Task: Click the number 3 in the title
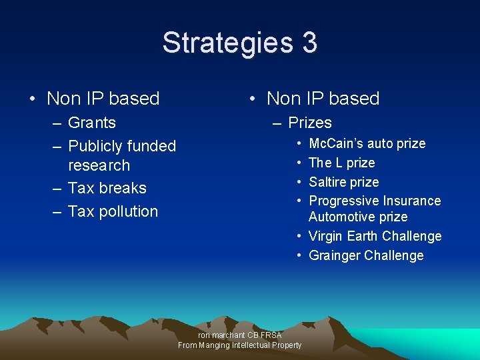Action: point(309,43)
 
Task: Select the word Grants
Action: point(92,123)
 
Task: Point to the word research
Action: point(99,165)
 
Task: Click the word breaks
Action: point(125,188)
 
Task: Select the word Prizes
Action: point(310,123)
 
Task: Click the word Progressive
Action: point(342,201)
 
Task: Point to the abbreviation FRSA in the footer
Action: point(271,335)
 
